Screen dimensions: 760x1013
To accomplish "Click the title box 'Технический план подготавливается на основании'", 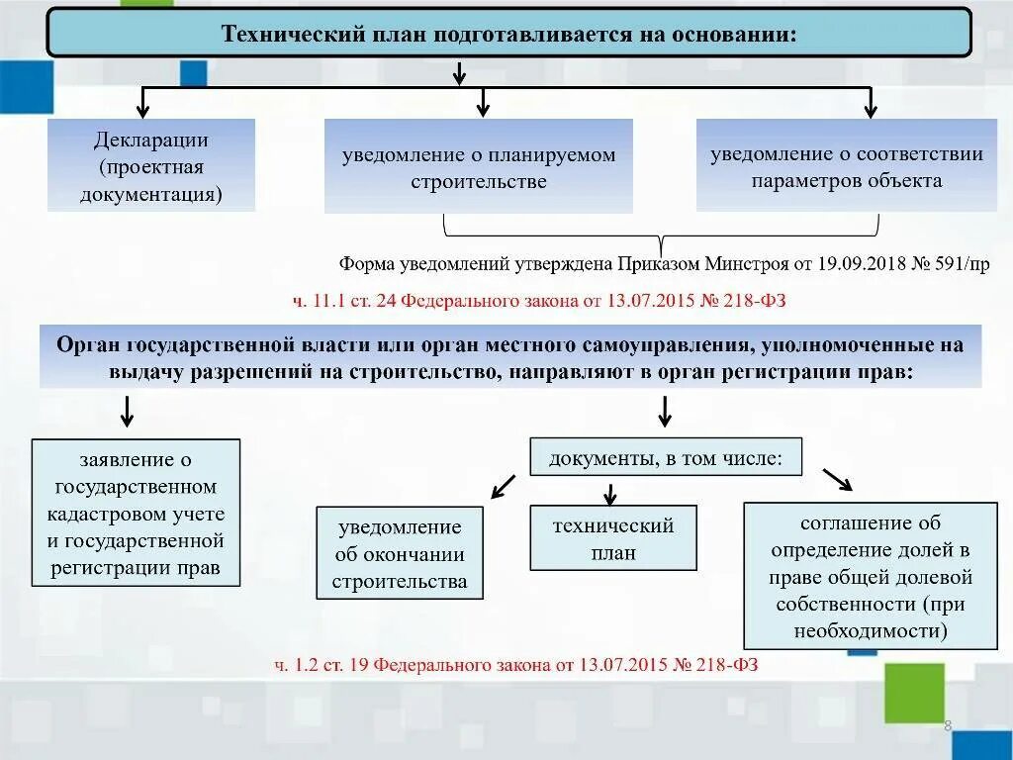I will [509, 33].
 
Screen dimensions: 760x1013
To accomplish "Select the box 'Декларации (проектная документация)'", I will [151, 165].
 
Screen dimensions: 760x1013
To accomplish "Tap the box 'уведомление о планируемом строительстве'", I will [479, 166].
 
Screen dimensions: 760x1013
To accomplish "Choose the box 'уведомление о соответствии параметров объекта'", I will [846, 165].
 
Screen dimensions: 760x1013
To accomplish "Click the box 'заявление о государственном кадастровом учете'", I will [136, 514].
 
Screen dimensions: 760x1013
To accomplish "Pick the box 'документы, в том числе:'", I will [666, 457].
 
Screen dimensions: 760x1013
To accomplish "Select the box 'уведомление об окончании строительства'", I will [400, 553].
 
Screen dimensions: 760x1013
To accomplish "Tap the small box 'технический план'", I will [613, 538].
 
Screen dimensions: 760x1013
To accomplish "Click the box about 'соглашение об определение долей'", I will [871, 576].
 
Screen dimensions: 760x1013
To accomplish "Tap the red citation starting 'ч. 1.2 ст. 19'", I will [516, 664].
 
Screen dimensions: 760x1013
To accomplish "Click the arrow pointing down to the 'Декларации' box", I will [143, 103].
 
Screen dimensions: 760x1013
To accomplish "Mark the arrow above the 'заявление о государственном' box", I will [127, 411].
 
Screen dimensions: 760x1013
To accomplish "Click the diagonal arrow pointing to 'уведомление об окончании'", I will [504, 485].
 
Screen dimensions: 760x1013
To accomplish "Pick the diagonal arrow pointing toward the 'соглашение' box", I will [837, 479].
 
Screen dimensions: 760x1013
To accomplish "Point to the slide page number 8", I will [948, 726].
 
